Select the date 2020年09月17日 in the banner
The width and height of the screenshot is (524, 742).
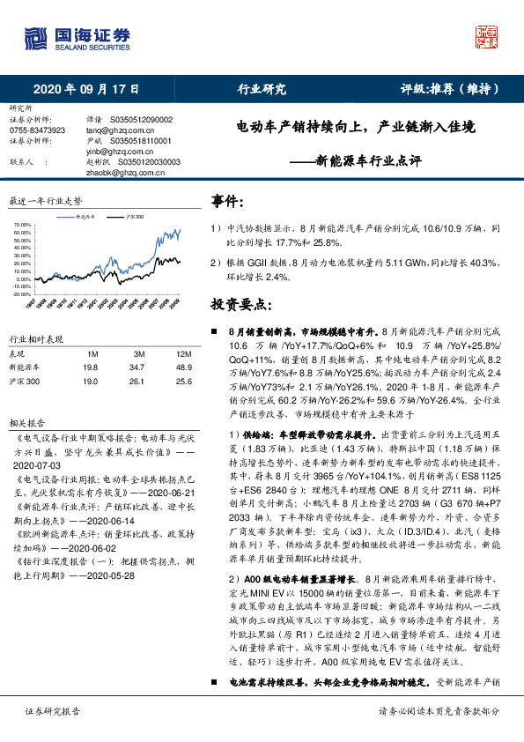click(x=86, y=89)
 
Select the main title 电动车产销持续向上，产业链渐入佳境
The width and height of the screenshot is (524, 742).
click(x=356, y=128)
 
